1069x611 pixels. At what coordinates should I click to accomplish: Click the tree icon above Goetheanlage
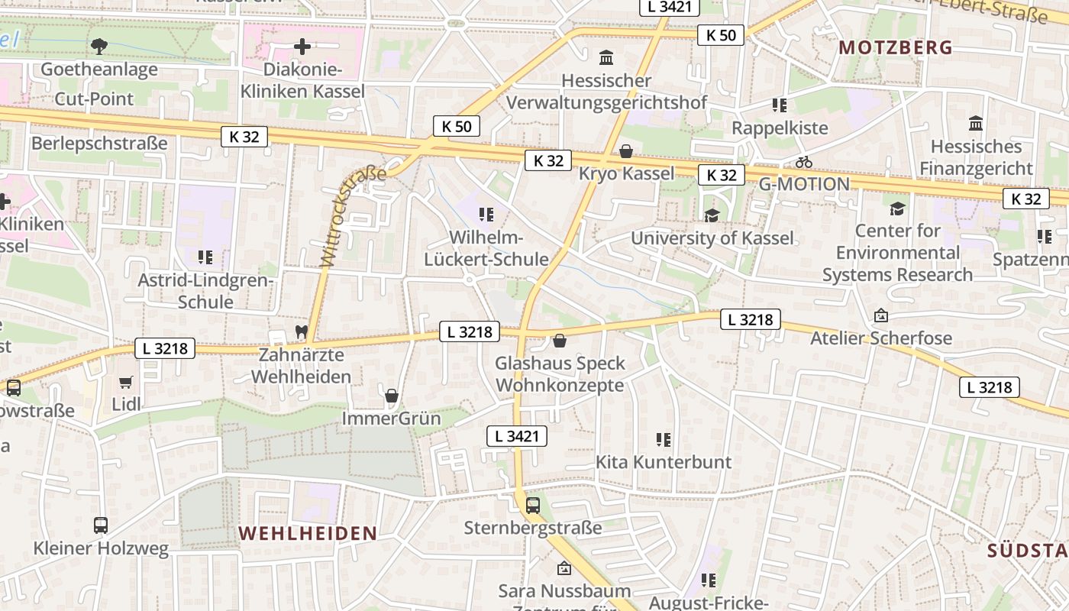[x=99, y=47]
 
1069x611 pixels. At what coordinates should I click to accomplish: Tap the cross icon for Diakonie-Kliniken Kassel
[x=302, y=47]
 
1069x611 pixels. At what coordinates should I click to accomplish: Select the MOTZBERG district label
[x=896, y=47]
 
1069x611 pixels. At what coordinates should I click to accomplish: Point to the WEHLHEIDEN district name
[x=308, y=533]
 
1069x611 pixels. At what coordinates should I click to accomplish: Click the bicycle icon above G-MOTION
[x=803, y=162]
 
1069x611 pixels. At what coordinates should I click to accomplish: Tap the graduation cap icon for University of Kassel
[x=712, y=215]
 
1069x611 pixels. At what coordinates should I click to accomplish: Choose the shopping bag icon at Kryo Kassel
[x=626, y=151]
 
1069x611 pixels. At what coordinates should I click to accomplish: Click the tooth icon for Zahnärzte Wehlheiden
[x=301, y=332]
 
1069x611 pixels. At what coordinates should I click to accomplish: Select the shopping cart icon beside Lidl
[x=126, y=381]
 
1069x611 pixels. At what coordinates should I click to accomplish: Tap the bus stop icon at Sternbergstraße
[x=533, y=505]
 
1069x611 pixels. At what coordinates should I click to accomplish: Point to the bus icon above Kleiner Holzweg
[x=101, y=525]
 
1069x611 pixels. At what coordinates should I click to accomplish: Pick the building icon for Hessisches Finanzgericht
[x=976, y=123]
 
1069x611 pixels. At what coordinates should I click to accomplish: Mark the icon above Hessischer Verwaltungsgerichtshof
[x=606, y=57]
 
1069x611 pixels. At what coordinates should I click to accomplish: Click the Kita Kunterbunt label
[x=663, y=462]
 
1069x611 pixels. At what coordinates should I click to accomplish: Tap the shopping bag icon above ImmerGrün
[x=392, y=396]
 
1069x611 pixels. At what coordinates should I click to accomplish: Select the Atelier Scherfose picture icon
[x=880, y=315]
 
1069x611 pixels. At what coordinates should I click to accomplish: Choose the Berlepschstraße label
[x=99, y=144]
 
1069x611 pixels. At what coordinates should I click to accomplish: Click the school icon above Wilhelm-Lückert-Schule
[x=486, y=215]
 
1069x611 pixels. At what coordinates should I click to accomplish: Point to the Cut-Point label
[x=94, y=99]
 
